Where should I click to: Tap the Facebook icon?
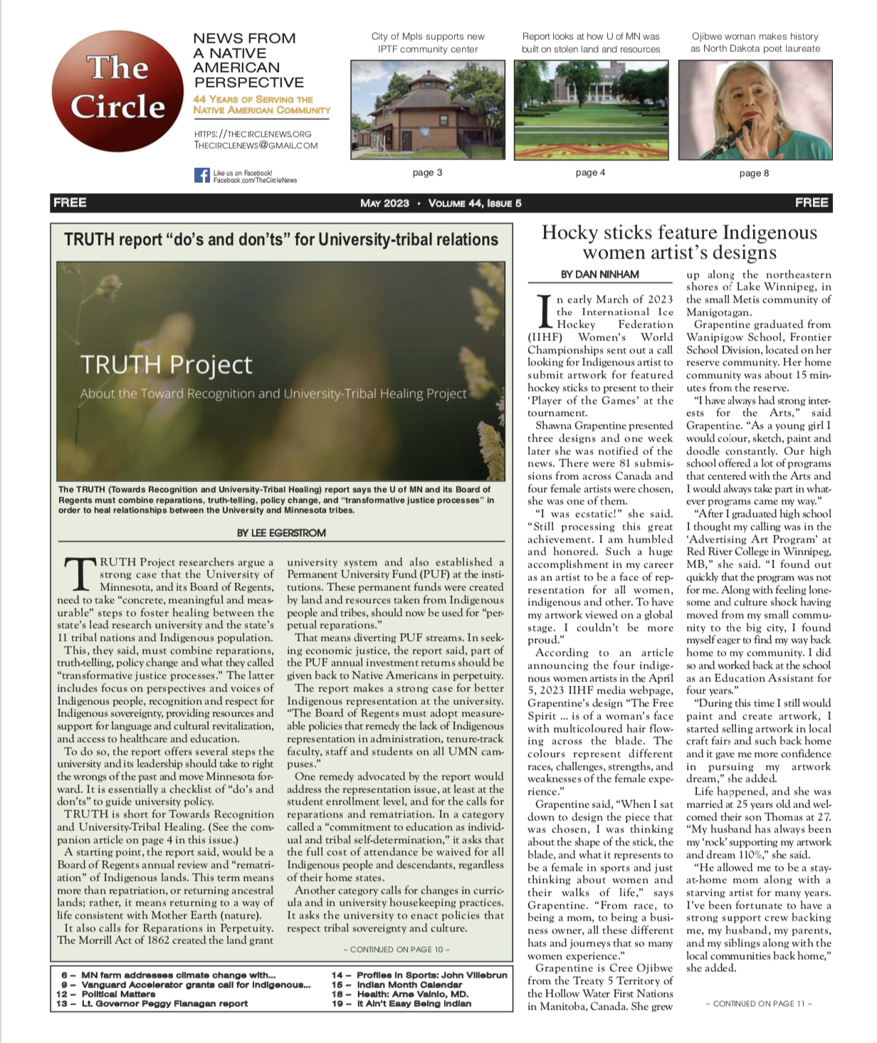click(201, 175)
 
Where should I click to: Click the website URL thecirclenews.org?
click(253, 134)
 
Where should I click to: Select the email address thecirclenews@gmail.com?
click(256, 145)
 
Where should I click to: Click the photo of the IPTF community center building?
click(427, 110)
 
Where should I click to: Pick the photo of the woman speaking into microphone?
click(755, 110)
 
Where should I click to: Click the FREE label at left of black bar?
click(70, 203)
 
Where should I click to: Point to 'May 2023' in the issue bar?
click(384, 204)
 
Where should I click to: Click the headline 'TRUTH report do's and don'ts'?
click(281, 239)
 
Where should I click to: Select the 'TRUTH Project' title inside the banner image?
click(166, 365)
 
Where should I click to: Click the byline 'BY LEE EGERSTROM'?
click(281, 533)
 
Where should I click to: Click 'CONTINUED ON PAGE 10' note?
click(396, 949)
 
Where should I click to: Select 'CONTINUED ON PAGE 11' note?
click(758, 1003)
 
